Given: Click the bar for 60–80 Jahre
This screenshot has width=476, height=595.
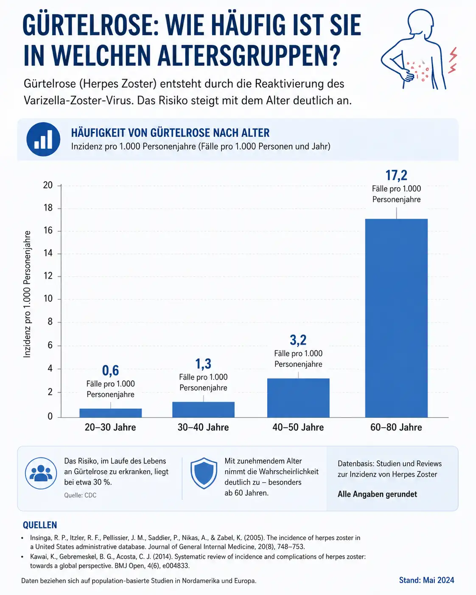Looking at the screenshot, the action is (396, 318).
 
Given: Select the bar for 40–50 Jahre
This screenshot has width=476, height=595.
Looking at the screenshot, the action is (298, 398).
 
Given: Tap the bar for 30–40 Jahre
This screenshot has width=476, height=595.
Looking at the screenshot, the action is (203, 410).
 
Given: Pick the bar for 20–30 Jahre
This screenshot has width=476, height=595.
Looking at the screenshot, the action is (111, 413).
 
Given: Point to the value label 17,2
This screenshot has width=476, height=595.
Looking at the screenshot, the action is (396, 175).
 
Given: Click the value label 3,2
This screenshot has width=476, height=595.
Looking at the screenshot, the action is (298, 340).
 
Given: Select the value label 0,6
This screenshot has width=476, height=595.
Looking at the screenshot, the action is (110, 370).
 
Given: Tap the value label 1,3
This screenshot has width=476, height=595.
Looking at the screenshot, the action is (203, 364).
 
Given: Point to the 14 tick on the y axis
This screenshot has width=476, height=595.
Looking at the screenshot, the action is (48, 253).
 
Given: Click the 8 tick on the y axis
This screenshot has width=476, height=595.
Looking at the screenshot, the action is (50, 322).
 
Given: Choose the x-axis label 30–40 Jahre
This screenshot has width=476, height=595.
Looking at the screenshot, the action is (203, 427).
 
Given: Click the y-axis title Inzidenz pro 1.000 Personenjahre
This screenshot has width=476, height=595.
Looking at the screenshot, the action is (27, 294).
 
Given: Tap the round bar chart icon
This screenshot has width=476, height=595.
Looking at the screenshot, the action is (43, 139).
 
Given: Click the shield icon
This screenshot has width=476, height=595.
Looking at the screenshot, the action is (204, 473).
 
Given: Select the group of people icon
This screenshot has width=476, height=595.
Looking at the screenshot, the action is (41, 473).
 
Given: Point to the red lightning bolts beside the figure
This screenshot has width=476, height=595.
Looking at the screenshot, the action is (453, 60).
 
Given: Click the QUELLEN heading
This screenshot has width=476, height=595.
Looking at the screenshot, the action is (40, 525).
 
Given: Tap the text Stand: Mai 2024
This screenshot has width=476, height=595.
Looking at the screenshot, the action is (426, 580).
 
